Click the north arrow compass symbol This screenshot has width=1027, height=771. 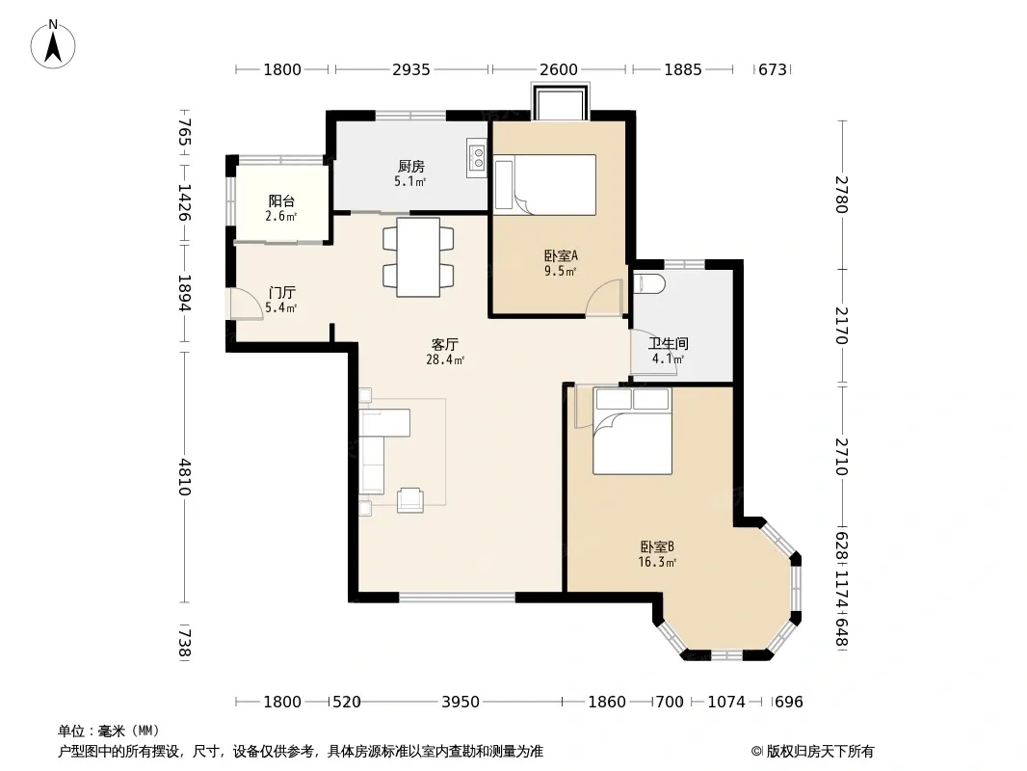point(53,44)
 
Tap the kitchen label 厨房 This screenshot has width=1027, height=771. point(410,167)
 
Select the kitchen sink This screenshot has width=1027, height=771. point(477,157)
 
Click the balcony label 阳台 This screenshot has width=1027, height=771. point(281,201)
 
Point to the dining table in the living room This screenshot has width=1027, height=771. point(418,256)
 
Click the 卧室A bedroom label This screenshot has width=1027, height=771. point(561,255)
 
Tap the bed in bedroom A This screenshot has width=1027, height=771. point(545,185)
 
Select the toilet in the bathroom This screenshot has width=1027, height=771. point(649,283)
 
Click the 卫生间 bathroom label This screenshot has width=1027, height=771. point(668,344)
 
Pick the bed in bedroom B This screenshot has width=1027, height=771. point(632,431)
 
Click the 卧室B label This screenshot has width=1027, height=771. point(658,547)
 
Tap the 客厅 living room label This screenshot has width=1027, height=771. point(445,345)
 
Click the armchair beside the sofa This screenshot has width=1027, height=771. point(410,500)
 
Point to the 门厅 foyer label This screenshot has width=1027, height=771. point(281,293)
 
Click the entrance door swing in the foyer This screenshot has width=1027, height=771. point(243,304)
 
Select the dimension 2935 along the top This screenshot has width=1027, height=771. point(411,69)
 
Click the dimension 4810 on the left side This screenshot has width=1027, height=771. point(185,477)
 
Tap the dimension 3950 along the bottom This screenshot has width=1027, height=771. point(461,703)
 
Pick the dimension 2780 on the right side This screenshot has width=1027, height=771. point(842,195)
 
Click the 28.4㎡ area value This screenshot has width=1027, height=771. point(445,359)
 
